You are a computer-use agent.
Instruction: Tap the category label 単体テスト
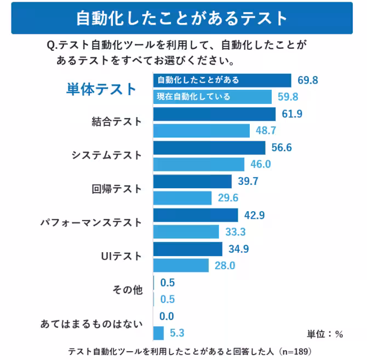pos(102,89)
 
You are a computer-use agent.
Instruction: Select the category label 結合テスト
pos(117,121)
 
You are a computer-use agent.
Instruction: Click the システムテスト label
pos(107,155)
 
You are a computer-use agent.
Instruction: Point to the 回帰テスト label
pos(117,189)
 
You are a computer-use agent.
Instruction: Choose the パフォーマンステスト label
pos(91,223)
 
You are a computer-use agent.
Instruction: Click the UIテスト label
pos(122,256)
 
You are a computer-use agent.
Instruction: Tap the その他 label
pos(127,290)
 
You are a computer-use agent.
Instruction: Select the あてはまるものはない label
pos(91,324)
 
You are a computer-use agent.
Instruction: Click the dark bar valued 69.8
pos(222,80)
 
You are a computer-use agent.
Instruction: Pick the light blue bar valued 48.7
pos(201,131)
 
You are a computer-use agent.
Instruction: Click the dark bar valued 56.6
pos(209,148)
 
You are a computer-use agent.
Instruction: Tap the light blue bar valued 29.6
pos(182,198)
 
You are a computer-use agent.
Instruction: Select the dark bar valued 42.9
pos(195,215)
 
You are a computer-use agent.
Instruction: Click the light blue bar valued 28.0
pos(181,265)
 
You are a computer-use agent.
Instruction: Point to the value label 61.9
pos(292,114)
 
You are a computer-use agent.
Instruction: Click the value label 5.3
pos(177,333)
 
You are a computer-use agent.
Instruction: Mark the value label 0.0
pos(167,316)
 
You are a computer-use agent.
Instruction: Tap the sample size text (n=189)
pos(295,351)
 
